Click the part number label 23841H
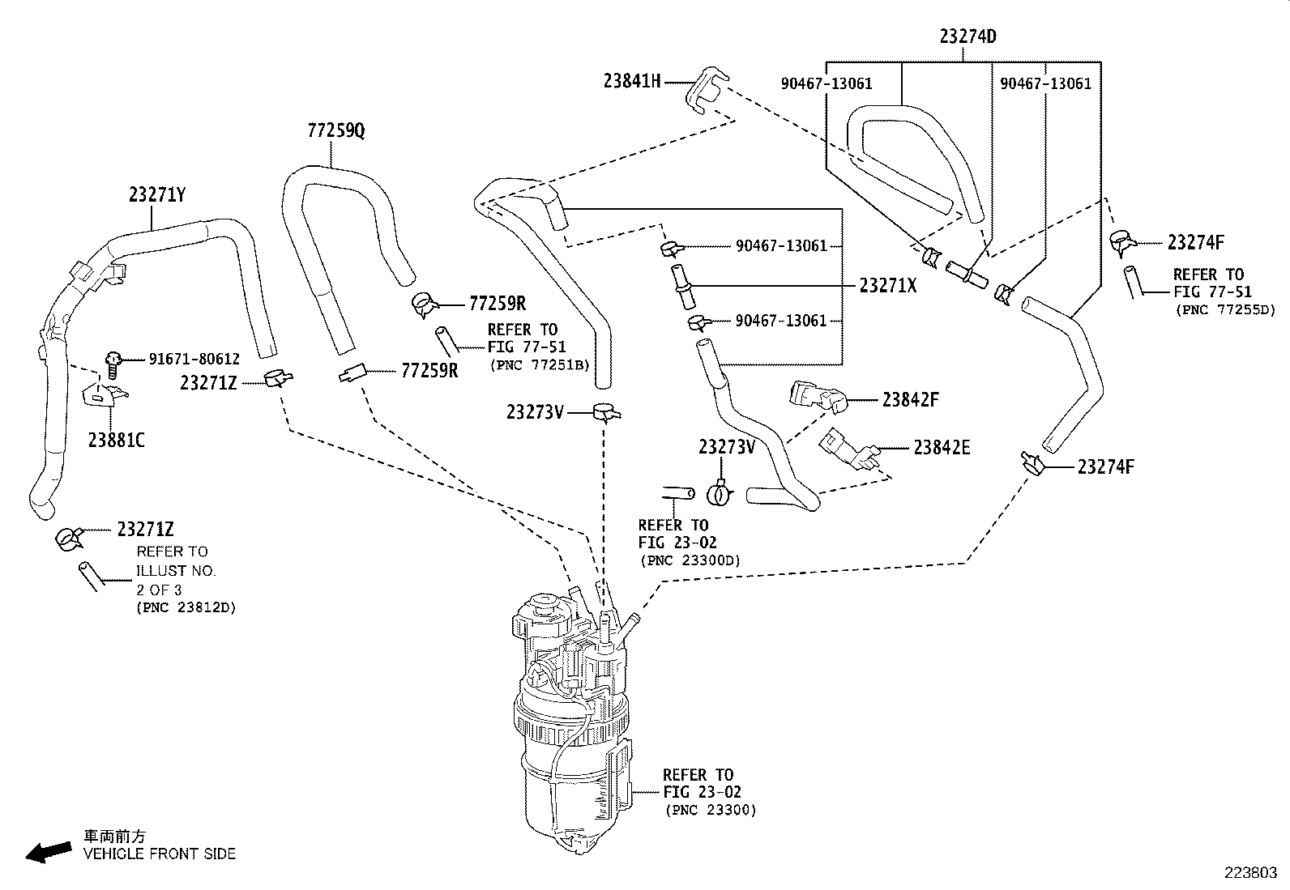(632, 80)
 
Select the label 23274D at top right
(967, 36)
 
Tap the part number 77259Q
(335, 130)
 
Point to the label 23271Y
(157, 194)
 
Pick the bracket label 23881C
(117, 441)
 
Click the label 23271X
(888, 285)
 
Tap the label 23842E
(942, 447)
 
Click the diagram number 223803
(1250, 873)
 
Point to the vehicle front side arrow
(48, 851)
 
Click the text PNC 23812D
(186, 607)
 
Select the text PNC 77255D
(1224, 309)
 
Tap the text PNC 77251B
(539, 365)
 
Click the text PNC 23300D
(690, 560)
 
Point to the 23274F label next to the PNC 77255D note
(1195, 242)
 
